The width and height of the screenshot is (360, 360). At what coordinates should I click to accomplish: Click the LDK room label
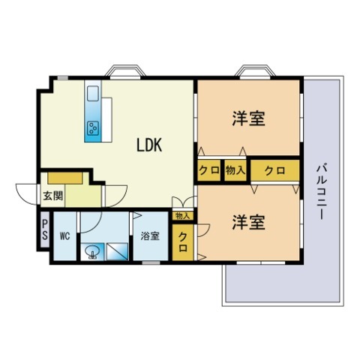[x=149, y=145]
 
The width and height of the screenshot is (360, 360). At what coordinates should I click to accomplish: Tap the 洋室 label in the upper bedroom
[x=248, y=118]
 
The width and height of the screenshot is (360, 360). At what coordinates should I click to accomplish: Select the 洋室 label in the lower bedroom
[x=248, y=222]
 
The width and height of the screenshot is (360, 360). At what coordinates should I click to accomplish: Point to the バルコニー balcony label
[x=322, y=191]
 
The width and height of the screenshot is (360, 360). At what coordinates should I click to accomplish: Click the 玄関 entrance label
[x=53, y=196]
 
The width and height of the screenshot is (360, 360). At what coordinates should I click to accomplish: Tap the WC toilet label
[x=64, y=235]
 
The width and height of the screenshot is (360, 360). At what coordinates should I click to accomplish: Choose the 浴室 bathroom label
[x=150, y=235]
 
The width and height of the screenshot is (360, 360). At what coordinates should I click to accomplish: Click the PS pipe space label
[x=45, y=229]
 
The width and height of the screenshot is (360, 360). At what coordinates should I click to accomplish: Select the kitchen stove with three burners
[x=93, y=128]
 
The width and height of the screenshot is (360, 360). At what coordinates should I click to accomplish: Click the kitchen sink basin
[x=93, y=94]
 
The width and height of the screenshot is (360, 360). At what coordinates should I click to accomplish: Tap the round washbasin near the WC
[x=92, y=252]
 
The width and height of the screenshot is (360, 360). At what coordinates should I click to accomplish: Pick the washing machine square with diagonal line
[x=118, y=252]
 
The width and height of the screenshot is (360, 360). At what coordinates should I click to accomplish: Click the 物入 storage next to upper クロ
[x=235, y=170]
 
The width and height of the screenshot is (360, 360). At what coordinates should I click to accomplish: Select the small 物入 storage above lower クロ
[x=183, y=216]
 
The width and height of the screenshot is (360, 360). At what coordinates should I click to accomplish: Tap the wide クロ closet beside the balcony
[x=275, y=170]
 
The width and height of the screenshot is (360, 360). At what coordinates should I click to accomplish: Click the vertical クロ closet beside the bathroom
[x=183, y=242]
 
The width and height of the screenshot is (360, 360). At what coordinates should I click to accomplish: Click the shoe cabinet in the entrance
[x=65, y=178]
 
